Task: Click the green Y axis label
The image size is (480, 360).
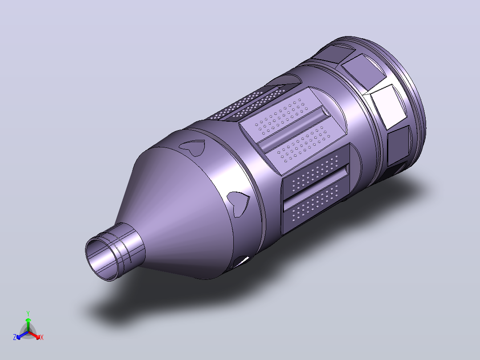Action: point(28,313)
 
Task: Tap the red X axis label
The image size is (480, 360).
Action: point(42,337)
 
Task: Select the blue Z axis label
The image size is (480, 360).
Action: point(15,337)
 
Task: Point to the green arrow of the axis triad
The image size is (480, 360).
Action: point(28,324)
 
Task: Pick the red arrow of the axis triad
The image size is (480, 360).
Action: point(34,335)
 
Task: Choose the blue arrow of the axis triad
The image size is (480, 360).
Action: point(22,335)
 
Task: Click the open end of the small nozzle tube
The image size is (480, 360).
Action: point(102,259)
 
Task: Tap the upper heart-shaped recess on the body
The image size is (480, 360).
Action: point(192,147)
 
